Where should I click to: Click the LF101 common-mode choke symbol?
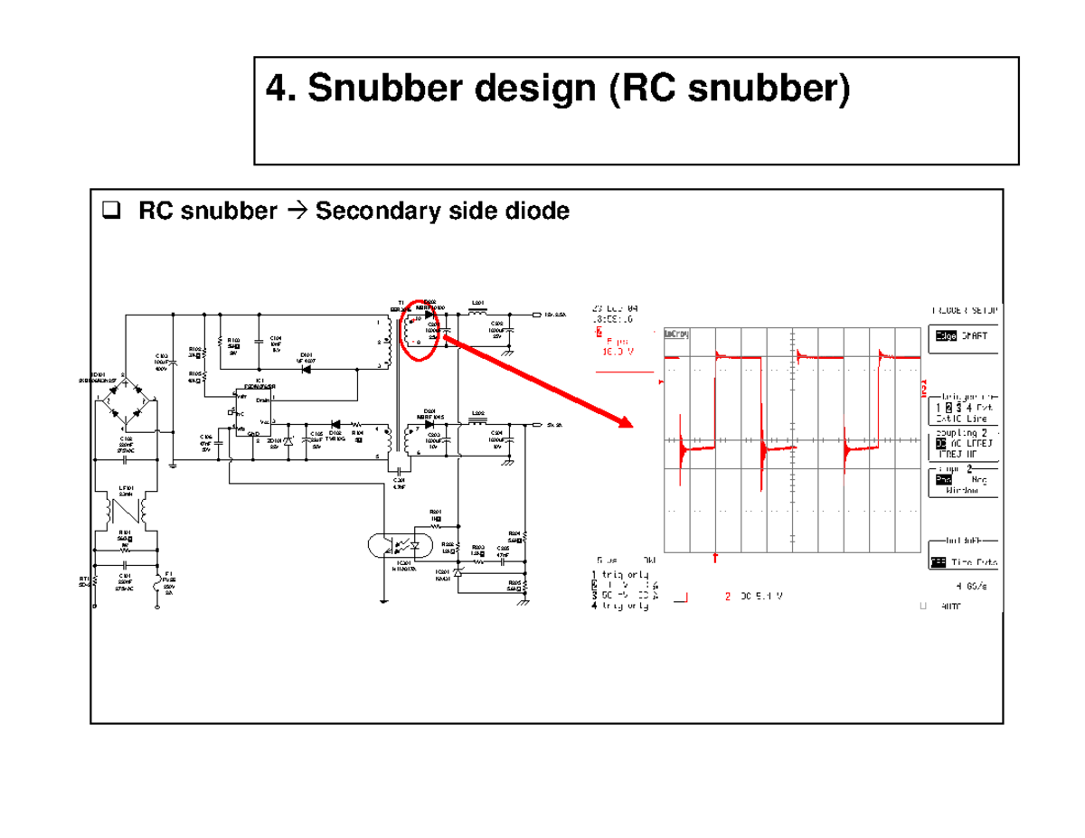[126, 516]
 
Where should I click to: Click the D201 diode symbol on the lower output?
[429, 423]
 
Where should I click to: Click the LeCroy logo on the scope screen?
[676, 334]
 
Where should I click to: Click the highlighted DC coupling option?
[937, 444]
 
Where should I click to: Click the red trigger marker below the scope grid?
[716, 557]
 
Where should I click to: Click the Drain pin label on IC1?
[262, 400]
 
